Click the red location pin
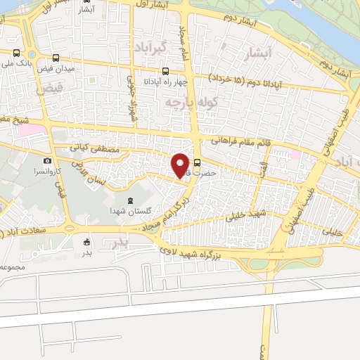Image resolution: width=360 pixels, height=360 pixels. pyautogui.click(x=181, y=165)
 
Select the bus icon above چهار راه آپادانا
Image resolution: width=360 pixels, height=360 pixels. pyautogui.click(x=166, y=71)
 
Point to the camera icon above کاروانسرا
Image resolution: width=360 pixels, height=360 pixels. pyautogui.click(x=47, y=161)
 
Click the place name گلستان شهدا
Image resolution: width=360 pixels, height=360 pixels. pyautogui.click(x=127, y=212)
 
